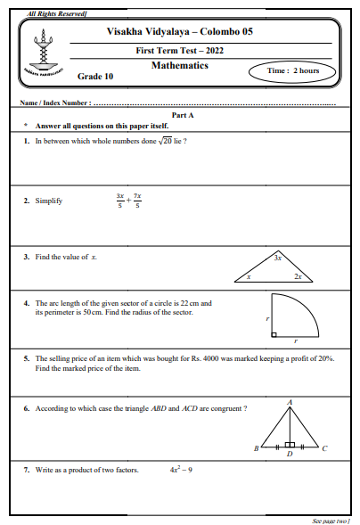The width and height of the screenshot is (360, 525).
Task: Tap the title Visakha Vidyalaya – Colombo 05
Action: (179, 31)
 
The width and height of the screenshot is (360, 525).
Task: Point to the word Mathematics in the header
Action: (179, 66)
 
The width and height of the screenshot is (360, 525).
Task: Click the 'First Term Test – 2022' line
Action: (179, 50)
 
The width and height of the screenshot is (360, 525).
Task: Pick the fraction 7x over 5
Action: (136, 201)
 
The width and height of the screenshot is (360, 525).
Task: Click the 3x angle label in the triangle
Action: (278, 258)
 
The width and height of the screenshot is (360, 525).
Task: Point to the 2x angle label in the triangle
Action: (297, 277)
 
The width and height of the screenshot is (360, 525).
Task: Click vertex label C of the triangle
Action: (323, 448)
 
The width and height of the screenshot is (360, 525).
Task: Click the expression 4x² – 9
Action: (181, 469)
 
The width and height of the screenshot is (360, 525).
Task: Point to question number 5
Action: (27, 358)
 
